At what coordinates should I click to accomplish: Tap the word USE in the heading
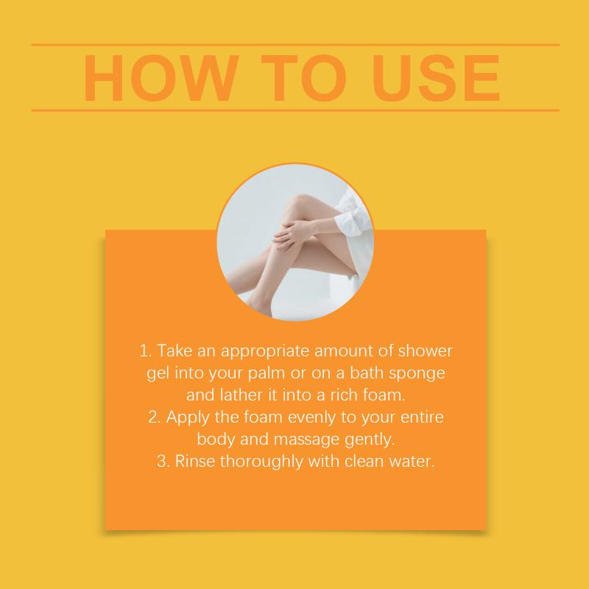436,78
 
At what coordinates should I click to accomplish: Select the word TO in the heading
303,78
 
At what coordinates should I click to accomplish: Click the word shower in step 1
426,350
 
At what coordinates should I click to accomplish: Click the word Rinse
195,461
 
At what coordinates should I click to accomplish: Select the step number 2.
154,417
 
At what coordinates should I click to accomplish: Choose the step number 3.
163,462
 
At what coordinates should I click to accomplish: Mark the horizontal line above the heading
295,45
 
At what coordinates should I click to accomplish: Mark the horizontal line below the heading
295,110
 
